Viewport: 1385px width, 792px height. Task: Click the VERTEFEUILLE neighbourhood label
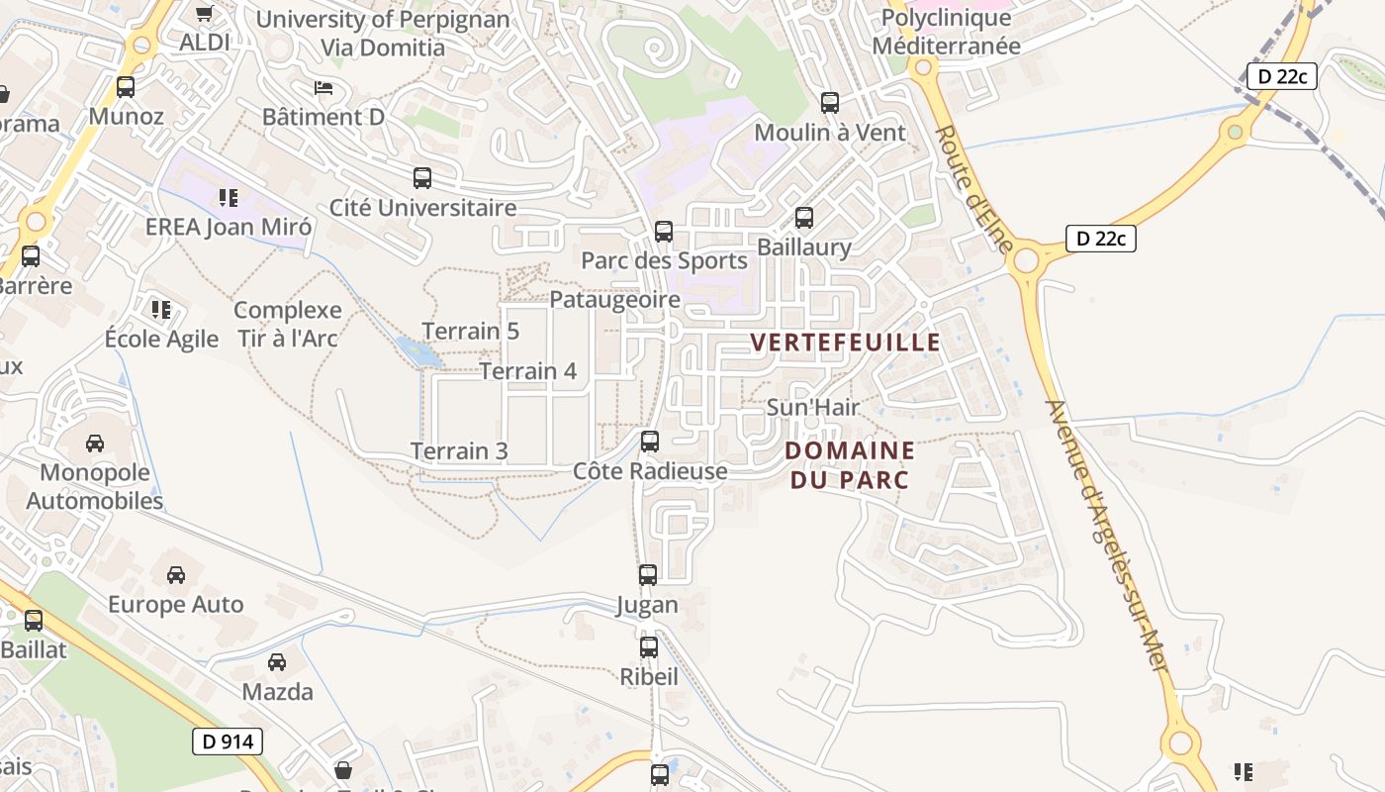pyautogui.click(x=845, y=343)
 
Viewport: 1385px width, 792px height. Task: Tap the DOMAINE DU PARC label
pyautogui.click(x=849, y=464)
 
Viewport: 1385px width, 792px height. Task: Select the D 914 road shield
pyautogui.click(x=228, y=741)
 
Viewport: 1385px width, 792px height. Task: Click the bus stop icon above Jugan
pyautogui.click(x=648, y=574)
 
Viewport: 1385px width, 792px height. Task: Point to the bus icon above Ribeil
pyautogui.click(x=649, y=647)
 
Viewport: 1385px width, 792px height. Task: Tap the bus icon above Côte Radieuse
pyautogui.click(x=650, y=442)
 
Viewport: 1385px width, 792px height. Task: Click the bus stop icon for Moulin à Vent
pyautogui.click(x=830, y=102)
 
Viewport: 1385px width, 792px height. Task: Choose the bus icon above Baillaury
pyautogui.click(x=804, y=218)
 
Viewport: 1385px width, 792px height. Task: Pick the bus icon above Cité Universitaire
pyautogui.click(x=422, y=178)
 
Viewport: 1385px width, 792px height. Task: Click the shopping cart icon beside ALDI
pyautogui.click(x=204, y=14)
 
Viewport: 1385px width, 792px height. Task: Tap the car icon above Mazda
pyautogui.click(x=277, y=661)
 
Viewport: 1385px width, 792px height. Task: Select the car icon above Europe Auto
pyautogui.click(x=176, y=574)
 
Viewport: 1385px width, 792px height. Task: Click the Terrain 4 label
pyautogui.click(x=528, y=371)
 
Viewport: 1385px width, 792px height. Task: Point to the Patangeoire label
pyautogui.click(x=614, y=300)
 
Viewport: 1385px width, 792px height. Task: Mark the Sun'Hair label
pyautogui.click(x=813, y=407)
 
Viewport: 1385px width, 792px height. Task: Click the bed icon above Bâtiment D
pyautogui.click(x=323, y=88)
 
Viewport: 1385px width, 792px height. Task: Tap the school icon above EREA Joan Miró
pyautogui.click(x=229, y=198)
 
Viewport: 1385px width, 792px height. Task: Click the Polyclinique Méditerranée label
pyautogui.click(x=946, y=32)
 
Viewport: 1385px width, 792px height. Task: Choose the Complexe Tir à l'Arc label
pyautogui.click(x=288, y=324)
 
